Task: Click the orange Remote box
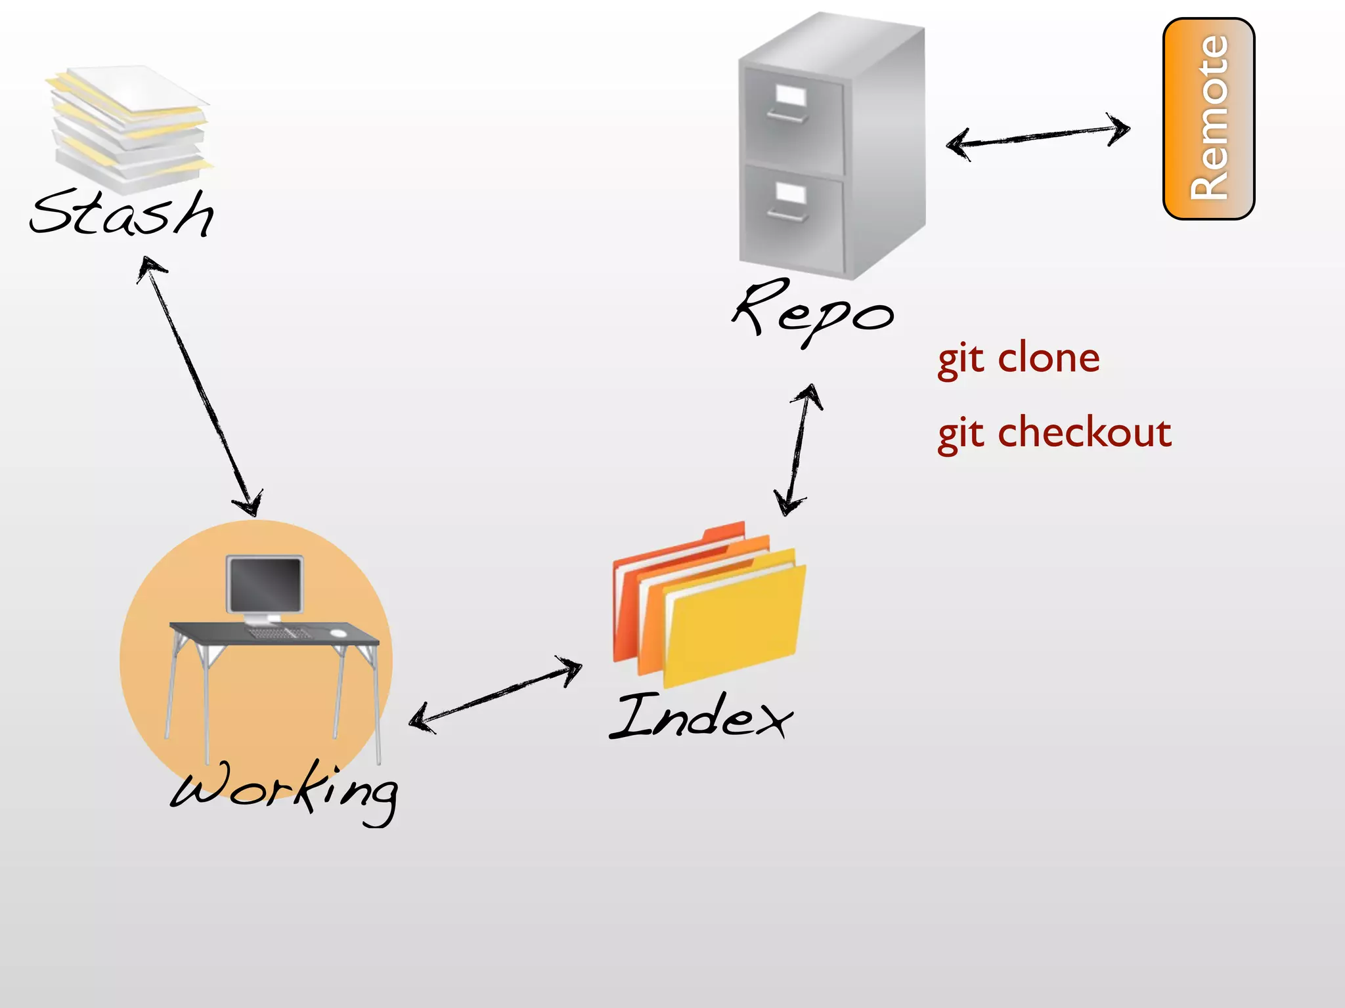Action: (1208, 119)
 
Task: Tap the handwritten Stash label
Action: (122, 214)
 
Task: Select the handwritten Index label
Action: (701, 717)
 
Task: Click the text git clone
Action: (1018, 359)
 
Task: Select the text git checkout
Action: (1054, 433)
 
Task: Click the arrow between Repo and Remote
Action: (1038, 136)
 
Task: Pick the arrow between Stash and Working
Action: (200, 387)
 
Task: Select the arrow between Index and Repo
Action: (798, 450)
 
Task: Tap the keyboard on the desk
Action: (279, 633)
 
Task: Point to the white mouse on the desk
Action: (338, 633)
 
